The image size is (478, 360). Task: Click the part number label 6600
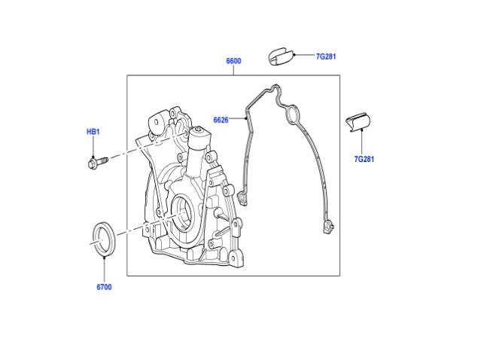pos(233,61)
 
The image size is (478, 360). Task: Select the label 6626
pos(221,120)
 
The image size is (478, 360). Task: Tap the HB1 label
pos(93,132)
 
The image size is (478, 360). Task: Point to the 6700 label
pos(104,287)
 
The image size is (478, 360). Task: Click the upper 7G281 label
pos(326,56)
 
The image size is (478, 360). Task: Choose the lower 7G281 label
pos(364,159)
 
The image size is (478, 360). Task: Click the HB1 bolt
pos(98,162)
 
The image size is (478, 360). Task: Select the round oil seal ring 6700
pos(104,239)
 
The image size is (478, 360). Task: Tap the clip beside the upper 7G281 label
pos(281,56)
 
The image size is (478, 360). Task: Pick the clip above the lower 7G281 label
pos(358,122)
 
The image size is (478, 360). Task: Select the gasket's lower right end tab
pos(329,226)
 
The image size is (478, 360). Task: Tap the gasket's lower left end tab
pos(242,198)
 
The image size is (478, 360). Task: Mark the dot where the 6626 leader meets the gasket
pos(246,118)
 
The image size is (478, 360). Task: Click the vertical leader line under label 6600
pos(234,70)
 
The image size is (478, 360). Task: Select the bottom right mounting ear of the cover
pos(236,258)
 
